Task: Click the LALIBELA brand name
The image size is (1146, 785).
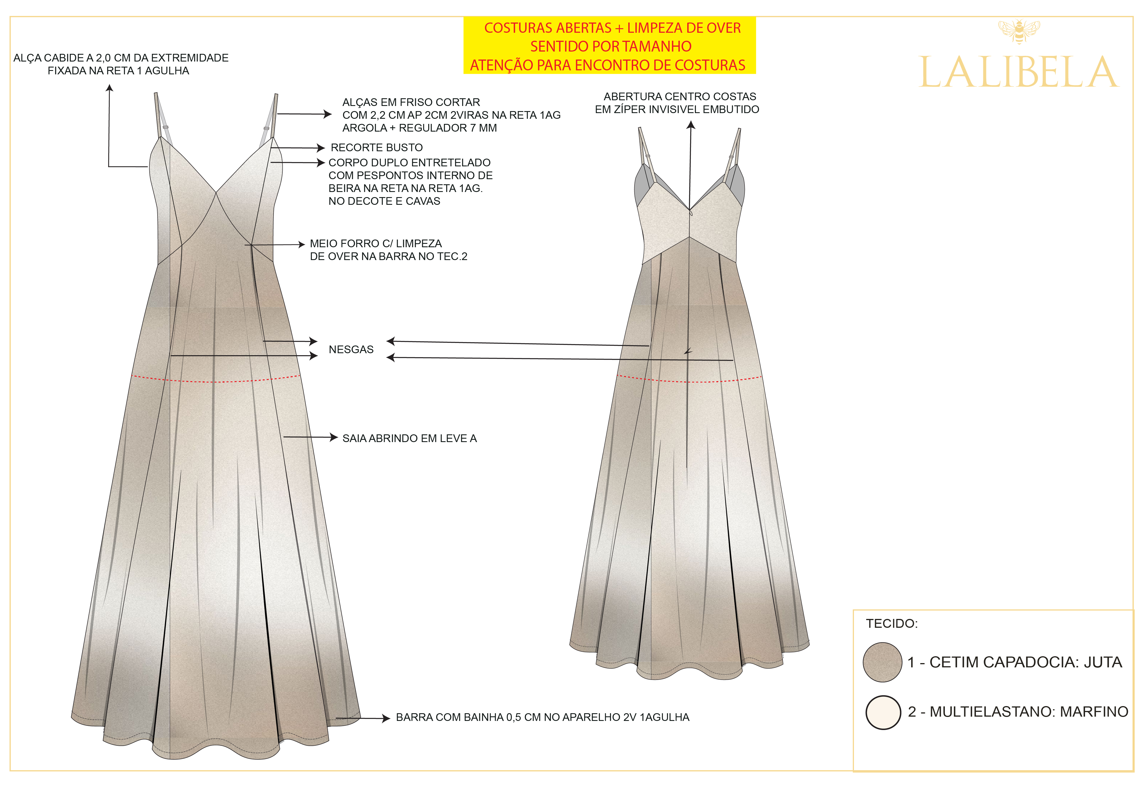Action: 1018,72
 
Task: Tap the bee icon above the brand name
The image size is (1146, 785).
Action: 1019,31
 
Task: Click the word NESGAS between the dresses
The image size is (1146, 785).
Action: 351,349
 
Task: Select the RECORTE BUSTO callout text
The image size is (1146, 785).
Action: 377,148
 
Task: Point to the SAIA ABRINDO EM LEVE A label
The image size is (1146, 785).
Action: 410,438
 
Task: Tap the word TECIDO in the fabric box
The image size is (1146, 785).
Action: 892,624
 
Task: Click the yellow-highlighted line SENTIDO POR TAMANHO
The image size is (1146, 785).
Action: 611,46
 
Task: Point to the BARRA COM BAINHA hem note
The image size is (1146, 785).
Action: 543,717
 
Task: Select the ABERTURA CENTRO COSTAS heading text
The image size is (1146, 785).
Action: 680,97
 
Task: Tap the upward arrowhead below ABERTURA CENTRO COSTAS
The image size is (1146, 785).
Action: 691,125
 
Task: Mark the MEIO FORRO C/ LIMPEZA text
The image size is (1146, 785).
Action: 376,244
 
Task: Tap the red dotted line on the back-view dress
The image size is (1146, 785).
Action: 689,380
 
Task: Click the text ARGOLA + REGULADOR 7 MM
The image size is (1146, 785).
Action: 420,128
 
